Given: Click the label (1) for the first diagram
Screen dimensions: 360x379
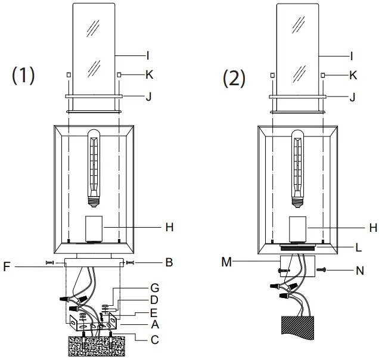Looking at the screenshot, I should (x=24, y=76).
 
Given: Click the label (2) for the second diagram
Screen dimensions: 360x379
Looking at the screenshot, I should (x=234, y=77).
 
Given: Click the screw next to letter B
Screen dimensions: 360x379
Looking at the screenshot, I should (x=131, y=262).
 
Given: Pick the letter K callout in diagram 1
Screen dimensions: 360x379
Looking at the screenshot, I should (x=150, y=75).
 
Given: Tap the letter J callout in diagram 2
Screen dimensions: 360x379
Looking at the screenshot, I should (x=353, y=95).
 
